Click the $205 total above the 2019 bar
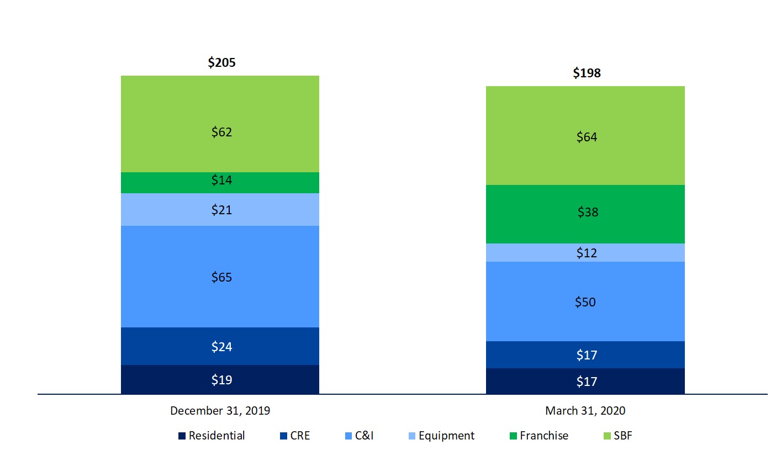(x=221, y=63)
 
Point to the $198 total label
(x=587, y=73)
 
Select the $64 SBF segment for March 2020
(x=587, y=137)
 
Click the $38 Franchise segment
(x=587, y=213)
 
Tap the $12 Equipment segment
(x=587, y=253)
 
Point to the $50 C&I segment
(x=587, y=302)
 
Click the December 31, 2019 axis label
(x=220, y=411)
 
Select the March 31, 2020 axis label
(x=585, y=411)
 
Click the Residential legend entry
(x=212, y=436)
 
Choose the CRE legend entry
(x=295, y=436)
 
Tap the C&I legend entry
(x=359, y=436)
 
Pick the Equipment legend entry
(x=441, y=436)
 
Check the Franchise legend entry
(x=539, y=436)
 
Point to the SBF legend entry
(x=617, y=436)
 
